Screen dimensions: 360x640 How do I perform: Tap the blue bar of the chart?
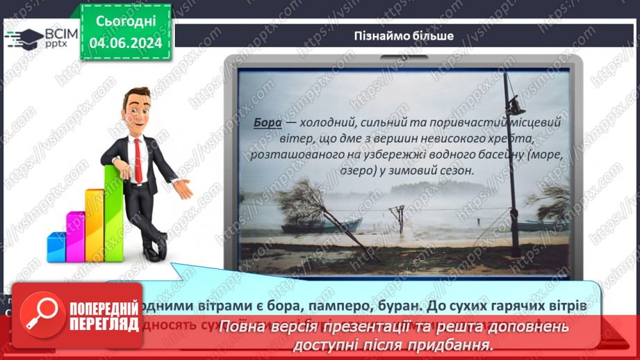pos(56,247)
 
